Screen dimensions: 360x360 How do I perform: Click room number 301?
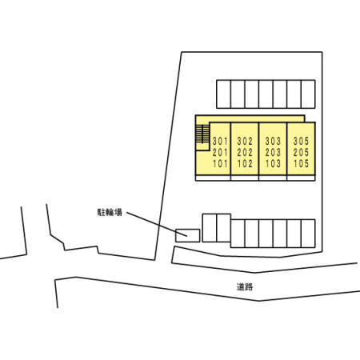(220, 141)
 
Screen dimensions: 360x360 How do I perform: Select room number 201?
(220, 152)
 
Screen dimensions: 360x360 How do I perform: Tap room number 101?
(220, 163)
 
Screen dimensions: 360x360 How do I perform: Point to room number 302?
(245, 141)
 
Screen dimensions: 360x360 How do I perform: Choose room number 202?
(245, 152)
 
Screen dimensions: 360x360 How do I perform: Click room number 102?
(245, 163)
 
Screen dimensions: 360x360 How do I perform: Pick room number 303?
(273, 141)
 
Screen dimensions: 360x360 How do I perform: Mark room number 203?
(273, 152)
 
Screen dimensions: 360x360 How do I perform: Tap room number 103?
(273, 163)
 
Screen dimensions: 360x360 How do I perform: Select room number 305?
(301, 141)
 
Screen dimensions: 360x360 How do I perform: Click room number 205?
(301, 152)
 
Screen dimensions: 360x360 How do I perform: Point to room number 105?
(301, 163)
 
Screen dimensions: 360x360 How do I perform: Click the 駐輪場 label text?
(110, 212)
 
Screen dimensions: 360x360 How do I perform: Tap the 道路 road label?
(245, 286)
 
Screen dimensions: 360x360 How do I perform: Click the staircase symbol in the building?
(202, 134)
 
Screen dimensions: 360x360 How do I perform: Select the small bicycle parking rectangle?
(188, 235)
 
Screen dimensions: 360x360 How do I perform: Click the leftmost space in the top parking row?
(223, 94)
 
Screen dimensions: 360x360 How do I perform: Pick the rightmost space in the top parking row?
(308, 94)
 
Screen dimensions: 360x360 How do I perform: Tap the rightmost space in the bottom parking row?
(308, 234)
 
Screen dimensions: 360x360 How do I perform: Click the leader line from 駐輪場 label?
(157, 224)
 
